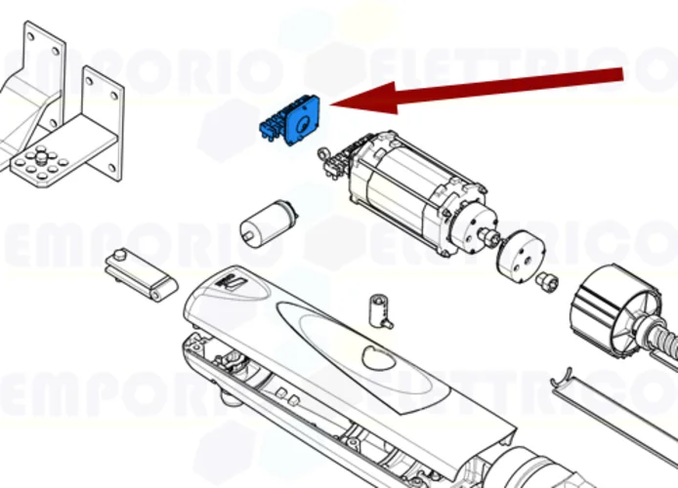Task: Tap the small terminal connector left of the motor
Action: [331, 161]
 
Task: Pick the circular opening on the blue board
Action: [305, 123]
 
